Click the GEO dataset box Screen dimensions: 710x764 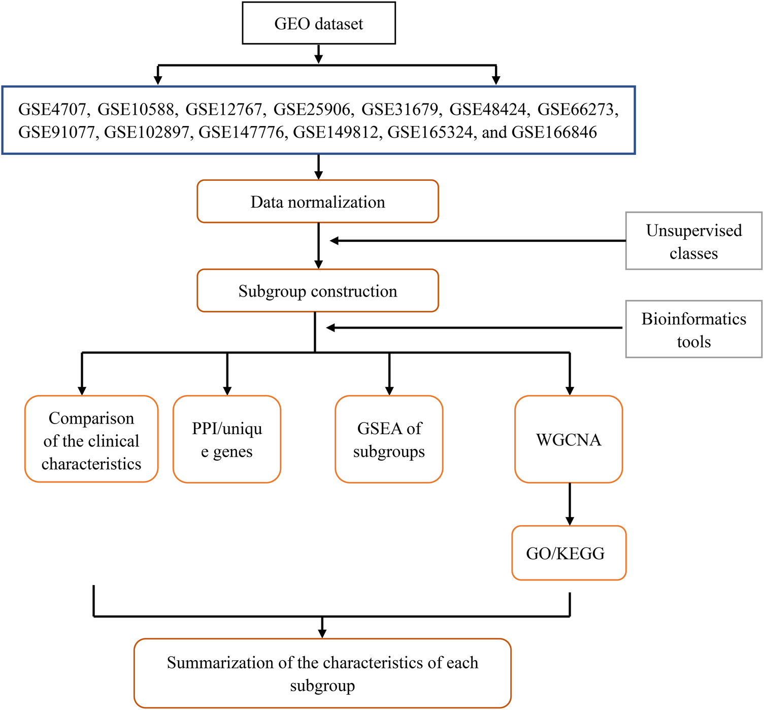318,23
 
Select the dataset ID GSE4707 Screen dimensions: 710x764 51,109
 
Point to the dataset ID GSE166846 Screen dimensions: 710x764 554,133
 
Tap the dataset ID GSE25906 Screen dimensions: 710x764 312,109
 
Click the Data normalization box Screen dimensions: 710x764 317,202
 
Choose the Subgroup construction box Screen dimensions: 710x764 317,291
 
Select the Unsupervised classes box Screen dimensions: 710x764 693,241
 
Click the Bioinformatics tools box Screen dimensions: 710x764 693,329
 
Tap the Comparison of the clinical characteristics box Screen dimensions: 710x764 91,439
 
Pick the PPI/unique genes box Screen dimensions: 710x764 226,439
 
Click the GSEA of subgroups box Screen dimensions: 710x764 389,439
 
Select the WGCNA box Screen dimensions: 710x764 569,439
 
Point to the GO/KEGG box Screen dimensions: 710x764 569,553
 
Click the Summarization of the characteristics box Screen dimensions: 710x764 322,673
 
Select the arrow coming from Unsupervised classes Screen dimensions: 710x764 477,241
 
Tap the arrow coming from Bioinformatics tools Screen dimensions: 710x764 475,328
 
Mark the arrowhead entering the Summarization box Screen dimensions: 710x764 322,633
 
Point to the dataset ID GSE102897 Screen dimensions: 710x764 146,133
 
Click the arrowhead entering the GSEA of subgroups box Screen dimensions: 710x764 389,391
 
